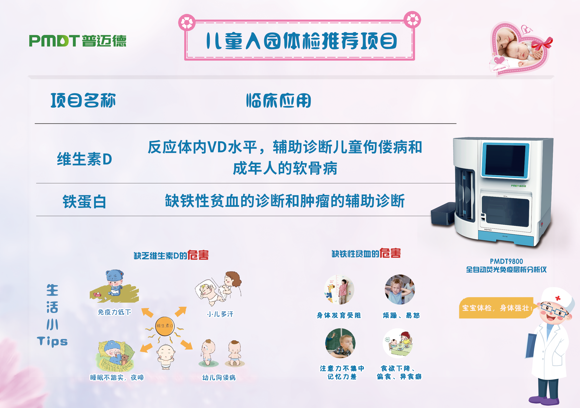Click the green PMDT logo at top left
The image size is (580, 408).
(x=78, y=41)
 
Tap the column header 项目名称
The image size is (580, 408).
(x=83, y=100)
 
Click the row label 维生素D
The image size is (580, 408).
(x=84, y=159)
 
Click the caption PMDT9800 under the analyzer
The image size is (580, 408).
(x=506, y=261)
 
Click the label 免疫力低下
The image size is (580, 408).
(x=115, y=312)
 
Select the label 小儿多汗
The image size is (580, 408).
(x=220, y=314)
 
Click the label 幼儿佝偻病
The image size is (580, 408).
(x=219, y=377)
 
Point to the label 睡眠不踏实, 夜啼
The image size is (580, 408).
(x=117, y=377)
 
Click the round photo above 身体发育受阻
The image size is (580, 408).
(x=339, y=290)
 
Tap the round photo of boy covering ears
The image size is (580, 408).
(x=400, y=290)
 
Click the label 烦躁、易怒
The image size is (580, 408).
(x=401, y=315)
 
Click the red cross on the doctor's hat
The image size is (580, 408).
(x=558, y=298)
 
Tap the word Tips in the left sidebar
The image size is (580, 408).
(x=52, y=341)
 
